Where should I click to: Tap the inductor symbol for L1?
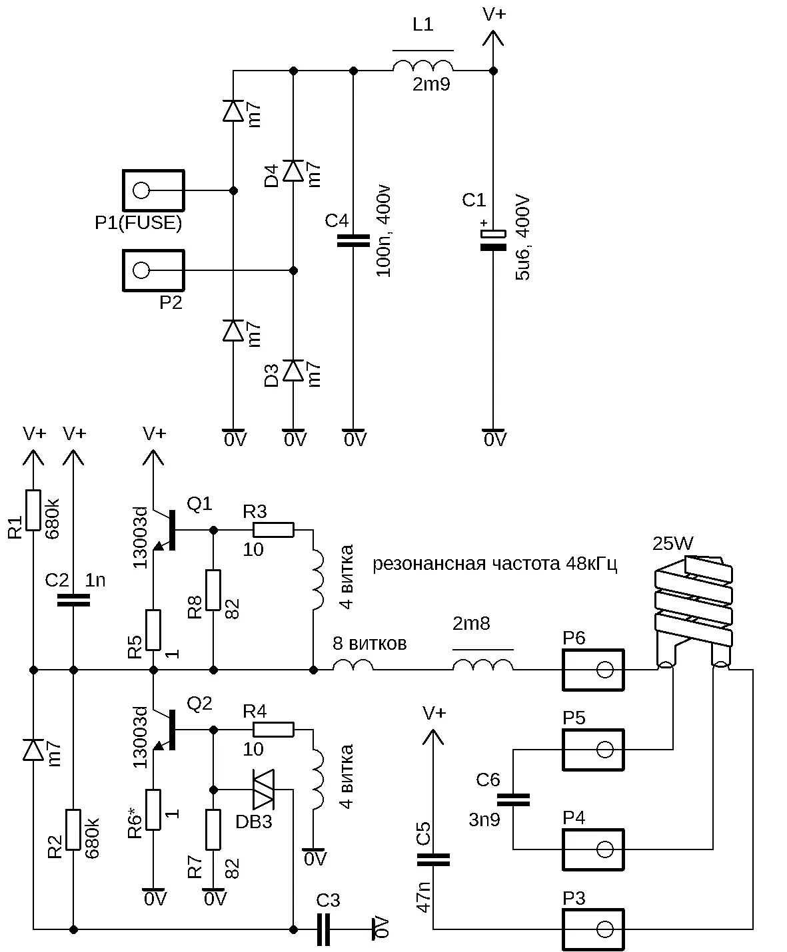(x=423, y=66)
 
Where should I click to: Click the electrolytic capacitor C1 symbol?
(x=493, y=240)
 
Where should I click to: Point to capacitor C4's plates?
(x=353, y=241)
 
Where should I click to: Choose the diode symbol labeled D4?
(x=293, y=170)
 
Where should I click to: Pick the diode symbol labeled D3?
(x=293, y=370)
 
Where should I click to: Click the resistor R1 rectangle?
(x=33, y=510)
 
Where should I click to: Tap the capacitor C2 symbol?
(x=73, y=600)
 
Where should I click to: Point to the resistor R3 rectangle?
(x=273, y=530)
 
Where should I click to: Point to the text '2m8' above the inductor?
(x=471, y=623)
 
